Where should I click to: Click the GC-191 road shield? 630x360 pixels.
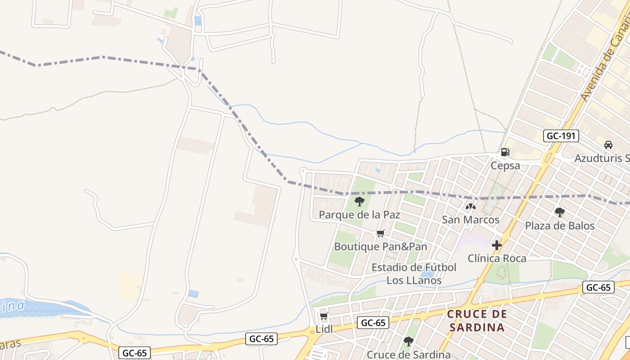point(561,136)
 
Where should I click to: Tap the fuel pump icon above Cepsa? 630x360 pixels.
point(505,152)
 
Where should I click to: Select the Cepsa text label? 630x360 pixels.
point(505,166)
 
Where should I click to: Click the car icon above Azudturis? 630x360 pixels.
point(608,145)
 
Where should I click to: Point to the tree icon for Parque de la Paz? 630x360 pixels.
point(359,201)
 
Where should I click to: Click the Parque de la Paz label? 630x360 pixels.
point(359,215)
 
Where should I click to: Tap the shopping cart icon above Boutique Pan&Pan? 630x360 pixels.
point(381,233)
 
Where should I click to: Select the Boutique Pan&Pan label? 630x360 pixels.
point(381,247)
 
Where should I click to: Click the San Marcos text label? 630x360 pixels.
point(471,220)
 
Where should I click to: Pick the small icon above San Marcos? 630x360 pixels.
point(471,207)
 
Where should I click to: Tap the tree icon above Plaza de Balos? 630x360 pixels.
point(560,212)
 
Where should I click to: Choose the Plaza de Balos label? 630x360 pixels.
point(560,225)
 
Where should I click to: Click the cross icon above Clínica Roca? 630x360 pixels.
point(497,245)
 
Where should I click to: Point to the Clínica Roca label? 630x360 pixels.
point(497,259)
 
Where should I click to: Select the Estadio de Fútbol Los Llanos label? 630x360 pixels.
point(414,274)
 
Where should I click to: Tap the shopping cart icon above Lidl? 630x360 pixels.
point(324,316)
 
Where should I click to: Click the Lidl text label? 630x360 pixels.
point(324,329)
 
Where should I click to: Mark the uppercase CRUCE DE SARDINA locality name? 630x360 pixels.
point(477,320)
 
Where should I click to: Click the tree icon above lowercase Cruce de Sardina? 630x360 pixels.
point(409,342)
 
